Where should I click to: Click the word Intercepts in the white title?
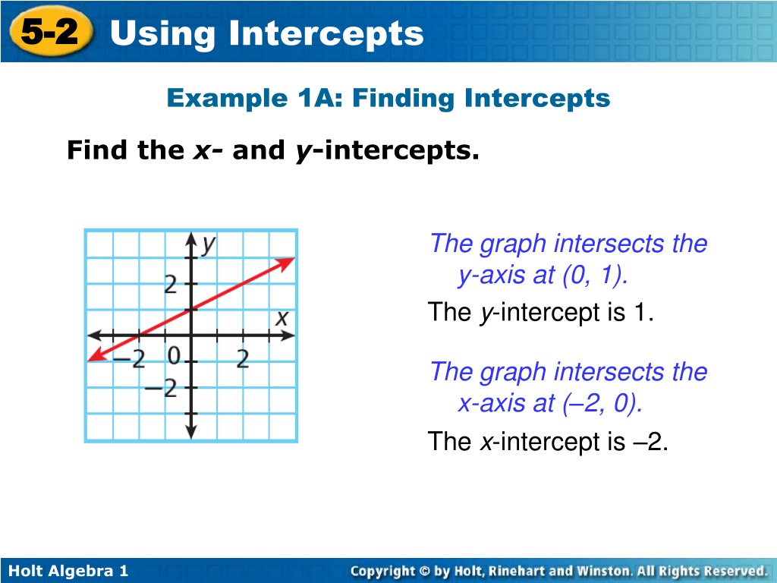[x=326, y=33]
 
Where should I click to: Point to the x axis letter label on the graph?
[x=282, y=318]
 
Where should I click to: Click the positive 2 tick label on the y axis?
[x=171, y=285]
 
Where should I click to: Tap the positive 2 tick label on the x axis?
[x=243, y=358]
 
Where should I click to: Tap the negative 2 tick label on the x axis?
[x=129, y=358]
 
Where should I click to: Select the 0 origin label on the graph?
[x=174, y=355]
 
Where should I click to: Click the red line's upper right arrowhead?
[x=286, y=263]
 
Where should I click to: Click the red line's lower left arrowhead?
[x=96, y=355]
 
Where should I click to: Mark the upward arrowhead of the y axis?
[x=191, y=239]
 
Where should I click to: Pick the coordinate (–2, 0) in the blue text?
[x=602, y=403]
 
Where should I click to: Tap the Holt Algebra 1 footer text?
[x=68, y=571]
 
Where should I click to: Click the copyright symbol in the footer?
[x=425, y=571]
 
